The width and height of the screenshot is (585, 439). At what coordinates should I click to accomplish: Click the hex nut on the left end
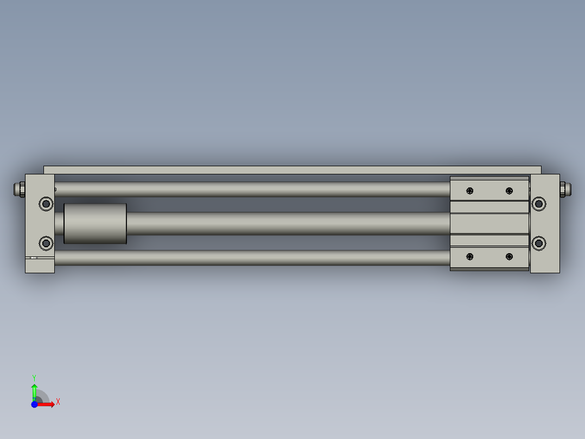pyautogui.click(x=20, y=189)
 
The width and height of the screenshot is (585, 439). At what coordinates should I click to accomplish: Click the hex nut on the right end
pyautogui.click(x=564, y=189)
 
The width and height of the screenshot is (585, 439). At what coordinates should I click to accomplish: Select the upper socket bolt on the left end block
pyautogui.click(x=46, y=204)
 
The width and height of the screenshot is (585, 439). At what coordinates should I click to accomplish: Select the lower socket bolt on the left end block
pyautogui.click(x=46, y=243)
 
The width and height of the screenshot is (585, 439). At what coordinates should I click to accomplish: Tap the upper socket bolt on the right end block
pyautogui.click(x=538, y=204)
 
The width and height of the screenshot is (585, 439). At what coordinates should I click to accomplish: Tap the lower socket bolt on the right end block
pyautogui.click(x=538, y=243)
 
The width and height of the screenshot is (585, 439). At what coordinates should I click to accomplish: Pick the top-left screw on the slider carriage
pyautogui.click(x=469, y=191)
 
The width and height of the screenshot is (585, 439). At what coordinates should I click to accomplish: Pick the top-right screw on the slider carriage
pyautogui.click(x=509, y=191)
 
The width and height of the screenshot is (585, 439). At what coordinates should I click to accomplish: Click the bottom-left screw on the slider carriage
pyautogui.click(x=469, y=256)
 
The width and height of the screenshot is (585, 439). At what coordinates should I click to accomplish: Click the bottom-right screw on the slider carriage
pyautogui.click(x=509, y=256)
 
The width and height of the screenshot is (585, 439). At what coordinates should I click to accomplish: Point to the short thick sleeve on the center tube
pyautogui.click(x=95, y=224)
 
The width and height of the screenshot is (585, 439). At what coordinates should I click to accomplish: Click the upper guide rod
pyautogui.click(x=250, y=189)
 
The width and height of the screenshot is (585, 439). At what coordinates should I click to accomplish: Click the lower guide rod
pyautogui.click(x=250, y=258)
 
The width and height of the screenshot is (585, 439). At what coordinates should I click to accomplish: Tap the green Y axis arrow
pyautogui.click(x=34, y=391)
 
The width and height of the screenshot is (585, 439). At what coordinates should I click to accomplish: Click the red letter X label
pyautogui.click(x=58, y=402)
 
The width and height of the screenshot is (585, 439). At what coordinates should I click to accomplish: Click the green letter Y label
pyautogui.click(x=34, y=378)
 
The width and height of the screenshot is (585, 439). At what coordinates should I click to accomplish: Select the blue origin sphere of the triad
pyautogui.click(x=34, y=404)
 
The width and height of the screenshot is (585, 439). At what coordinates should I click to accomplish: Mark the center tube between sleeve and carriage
pyautogui.click(x=288, y=223)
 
